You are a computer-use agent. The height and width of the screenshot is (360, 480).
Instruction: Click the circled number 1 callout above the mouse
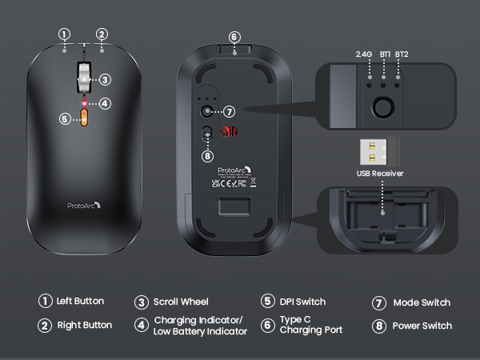pos(65,34)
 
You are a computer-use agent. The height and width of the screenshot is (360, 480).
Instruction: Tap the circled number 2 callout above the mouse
pos(102,34)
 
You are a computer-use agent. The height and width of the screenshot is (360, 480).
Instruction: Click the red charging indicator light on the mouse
pos(84,102)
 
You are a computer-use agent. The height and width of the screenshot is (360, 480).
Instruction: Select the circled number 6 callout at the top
pos(234,37)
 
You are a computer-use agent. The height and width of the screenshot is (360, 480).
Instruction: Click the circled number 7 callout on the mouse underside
pos(229,112)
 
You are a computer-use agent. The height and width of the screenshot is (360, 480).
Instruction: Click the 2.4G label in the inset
pos(365,54)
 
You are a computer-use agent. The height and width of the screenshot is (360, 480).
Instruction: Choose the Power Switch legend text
pos(422,326)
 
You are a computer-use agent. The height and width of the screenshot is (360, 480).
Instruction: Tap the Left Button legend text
pos(80,302)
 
